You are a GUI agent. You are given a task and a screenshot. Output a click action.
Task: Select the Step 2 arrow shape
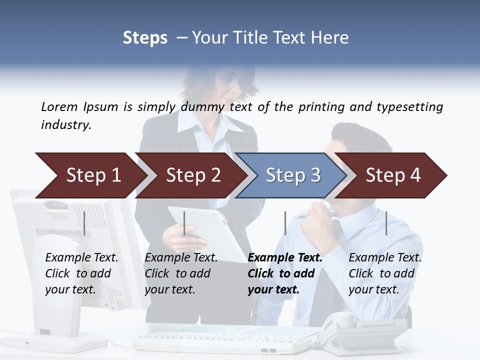click(x=190, y=175)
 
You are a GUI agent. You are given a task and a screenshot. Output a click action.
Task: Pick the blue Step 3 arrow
click(x=291, y=175)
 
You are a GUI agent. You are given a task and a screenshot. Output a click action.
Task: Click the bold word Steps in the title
click(x=145, y=38)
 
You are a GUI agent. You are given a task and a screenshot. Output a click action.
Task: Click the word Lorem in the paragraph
click(x=59, y=106)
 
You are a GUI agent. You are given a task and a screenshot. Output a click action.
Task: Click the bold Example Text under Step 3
click(x=284, y=258)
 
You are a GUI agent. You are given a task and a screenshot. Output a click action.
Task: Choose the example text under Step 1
click(x=81, y=273)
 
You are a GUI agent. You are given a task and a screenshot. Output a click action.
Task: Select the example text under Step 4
click(x=385, y=273)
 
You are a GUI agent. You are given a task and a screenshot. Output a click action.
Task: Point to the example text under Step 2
click(x=181, y=273)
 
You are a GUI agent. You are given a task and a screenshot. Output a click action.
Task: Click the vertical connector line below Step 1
click(x=84, y=223)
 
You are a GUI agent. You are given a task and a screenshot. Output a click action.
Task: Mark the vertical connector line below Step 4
click(x=386, y=223)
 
